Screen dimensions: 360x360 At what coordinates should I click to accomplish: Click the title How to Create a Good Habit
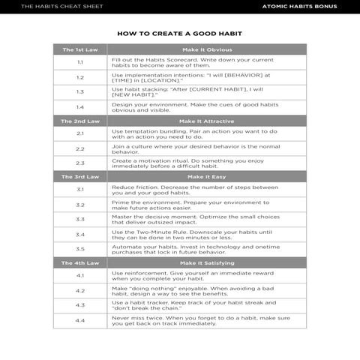179,34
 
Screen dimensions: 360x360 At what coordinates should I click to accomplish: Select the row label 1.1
80,62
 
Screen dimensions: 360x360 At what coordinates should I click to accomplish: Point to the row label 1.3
80,91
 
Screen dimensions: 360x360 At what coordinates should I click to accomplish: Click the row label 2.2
80,148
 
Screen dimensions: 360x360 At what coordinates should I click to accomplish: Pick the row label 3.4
80,234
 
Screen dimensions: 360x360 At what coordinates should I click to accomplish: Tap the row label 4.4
80,321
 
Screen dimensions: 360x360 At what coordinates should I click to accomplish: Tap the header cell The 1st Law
80,49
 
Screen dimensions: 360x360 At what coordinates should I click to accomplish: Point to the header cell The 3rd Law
80,177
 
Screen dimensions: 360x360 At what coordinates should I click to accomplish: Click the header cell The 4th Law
80,263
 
